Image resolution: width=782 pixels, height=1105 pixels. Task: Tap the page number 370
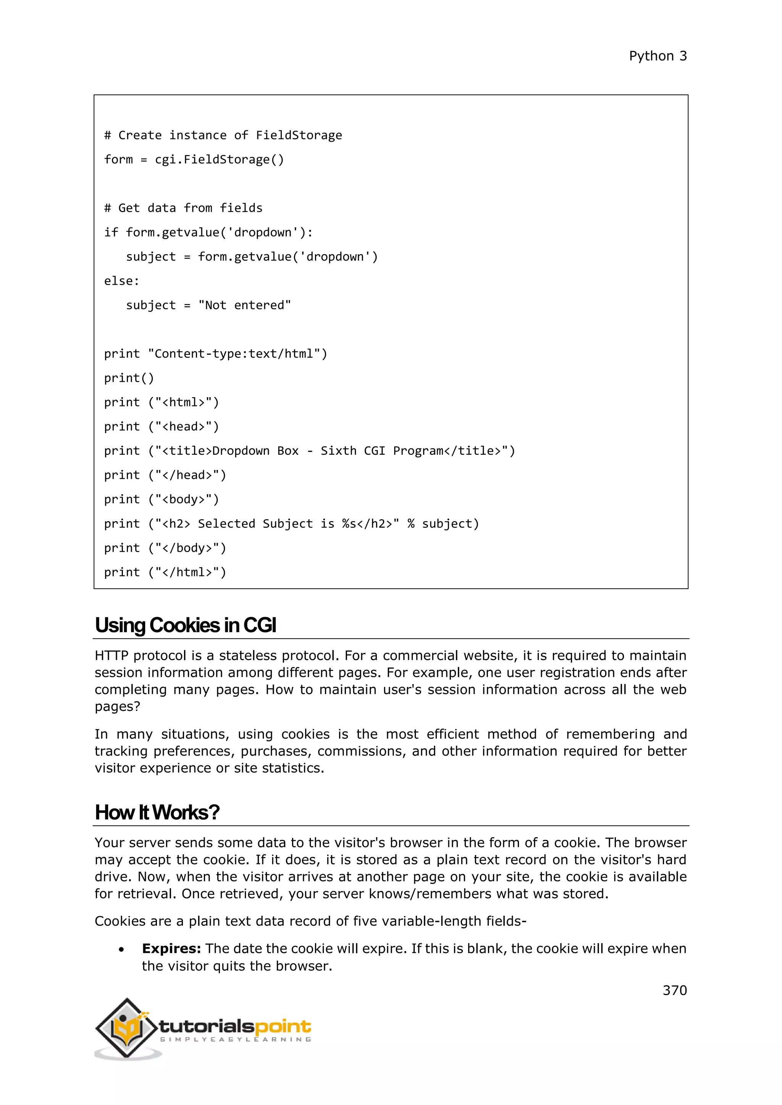click(x=674, y=990)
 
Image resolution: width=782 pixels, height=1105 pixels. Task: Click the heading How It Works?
click(x=157, y=812)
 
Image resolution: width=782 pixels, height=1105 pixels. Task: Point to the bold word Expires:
click(x=171, y=948)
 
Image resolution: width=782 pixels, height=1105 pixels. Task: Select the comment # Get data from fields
click(x=183, y=208)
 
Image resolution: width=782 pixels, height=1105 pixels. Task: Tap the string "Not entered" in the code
click(x=245, y=305)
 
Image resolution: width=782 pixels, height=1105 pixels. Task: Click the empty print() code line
click(x=129, y=378)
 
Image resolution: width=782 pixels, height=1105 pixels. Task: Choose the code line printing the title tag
click(x=309, y=451)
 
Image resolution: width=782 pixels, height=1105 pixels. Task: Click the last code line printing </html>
click(x=165, y=572)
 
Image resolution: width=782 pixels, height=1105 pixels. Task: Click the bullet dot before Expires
click(x=121, y=950)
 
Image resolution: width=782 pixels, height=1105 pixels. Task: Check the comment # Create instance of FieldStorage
click(x=223, y=135)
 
